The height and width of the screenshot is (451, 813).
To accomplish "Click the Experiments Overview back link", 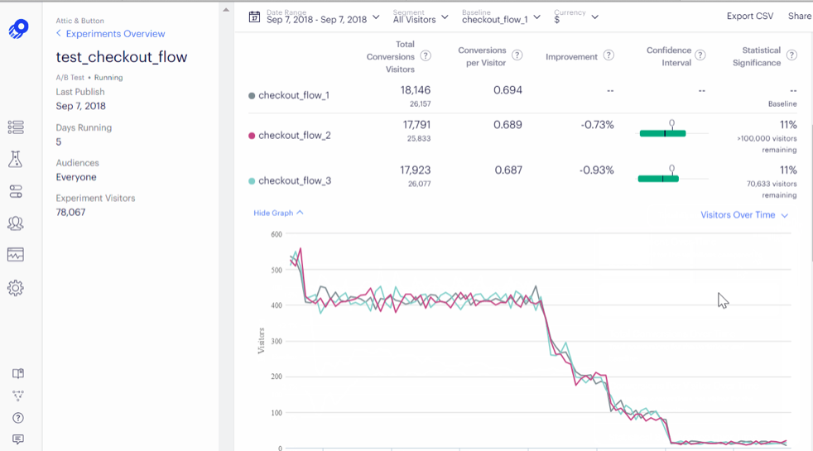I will [x=115, y=34].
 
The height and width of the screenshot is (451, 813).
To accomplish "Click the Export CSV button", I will [x=749, y=17].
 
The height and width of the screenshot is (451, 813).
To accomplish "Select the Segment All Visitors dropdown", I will [x=420, y=17].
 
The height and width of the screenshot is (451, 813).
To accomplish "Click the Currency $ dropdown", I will [x=576, y=17].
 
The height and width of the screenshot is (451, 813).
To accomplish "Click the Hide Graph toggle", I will [x=278, y=213].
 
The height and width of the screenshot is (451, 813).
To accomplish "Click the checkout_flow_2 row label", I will [x=294, y=136].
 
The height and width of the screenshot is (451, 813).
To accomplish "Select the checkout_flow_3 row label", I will [x=294, y=180].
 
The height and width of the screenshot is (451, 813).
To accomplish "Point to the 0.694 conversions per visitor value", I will [x=508, y=90].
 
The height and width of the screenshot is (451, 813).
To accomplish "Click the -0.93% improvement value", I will [x=597, y=170].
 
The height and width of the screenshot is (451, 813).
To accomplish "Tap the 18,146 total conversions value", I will [x=415, y=90].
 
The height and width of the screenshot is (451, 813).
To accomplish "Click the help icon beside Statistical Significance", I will [x=791, y=55].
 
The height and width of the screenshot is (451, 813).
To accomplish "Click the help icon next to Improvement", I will [x=609, y=56].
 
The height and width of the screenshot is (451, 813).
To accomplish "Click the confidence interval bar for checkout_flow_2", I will [x=663, y=132].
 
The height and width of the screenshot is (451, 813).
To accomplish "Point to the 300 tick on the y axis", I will [x=276, y=341].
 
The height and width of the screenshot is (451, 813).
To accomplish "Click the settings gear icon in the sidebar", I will [x=16, y=288].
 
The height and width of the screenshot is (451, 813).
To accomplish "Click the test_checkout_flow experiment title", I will [x=122, y=57].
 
